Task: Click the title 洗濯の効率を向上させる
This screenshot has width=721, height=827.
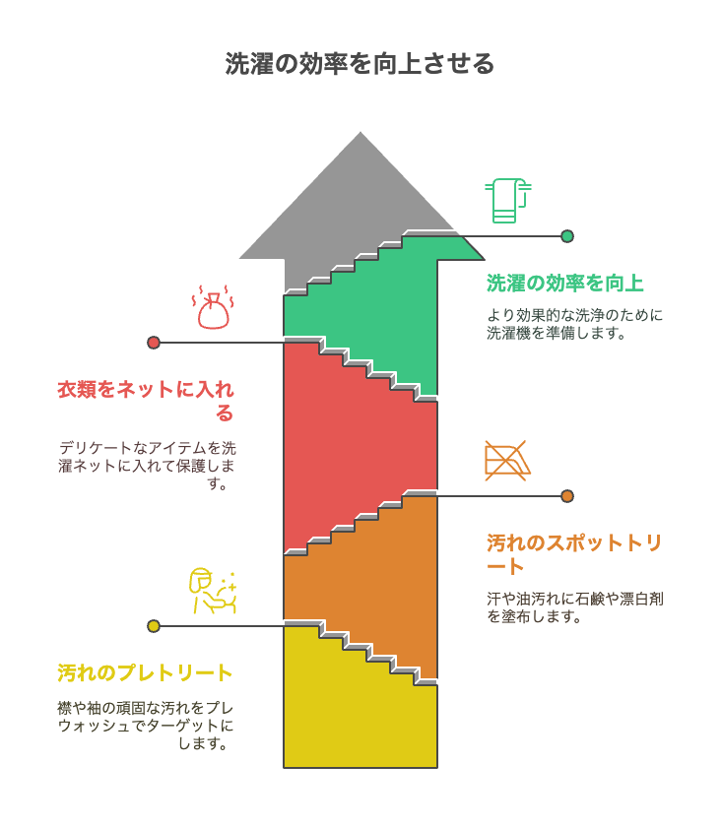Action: click(x=360, y=64)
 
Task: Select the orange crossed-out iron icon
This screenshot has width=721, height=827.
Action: click(x=507, y=461)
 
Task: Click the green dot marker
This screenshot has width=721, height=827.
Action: click(x=567, y=236)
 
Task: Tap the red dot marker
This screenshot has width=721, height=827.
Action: click(x=154, y=343)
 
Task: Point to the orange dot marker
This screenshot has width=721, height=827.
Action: click(x=567, y=496)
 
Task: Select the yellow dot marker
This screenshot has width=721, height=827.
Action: click(x=154, y=626)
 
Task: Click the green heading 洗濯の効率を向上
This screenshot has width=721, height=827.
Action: click(x=564, y=284)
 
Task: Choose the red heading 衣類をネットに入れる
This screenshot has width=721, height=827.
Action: click(x=146, y=401)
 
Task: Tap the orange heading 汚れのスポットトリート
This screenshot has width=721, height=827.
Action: click(x=574, y=553)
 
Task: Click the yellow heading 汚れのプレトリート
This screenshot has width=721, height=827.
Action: click(x=145, y=673)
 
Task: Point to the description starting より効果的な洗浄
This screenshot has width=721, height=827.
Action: click(x=575, y=324)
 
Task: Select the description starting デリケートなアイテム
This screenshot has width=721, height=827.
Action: click(x=147, y=465)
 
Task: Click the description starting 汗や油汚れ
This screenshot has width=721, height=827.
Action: click(x=575, y=607)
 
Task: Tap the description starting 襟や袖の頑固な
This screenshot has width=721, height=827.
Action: click(x=145, y=726)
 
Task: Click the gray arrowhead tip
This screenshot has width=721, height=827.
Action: click(x=360, y=132)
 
